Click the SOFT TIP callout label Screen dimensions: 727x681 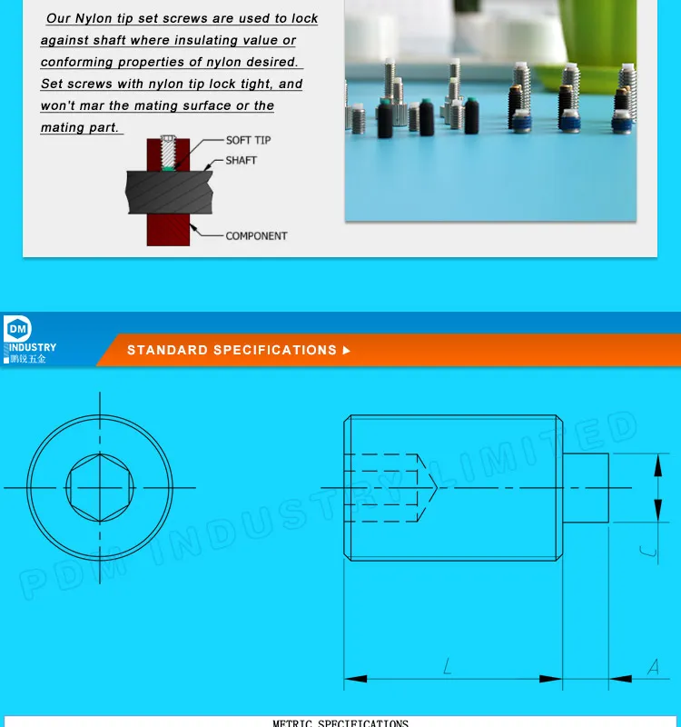(248, 140)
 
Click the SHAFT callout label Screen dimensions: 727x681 (241, 160)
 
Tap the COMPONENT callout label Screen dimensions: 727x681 (256, 235)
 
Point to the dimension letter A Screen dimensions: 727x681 (653, 668)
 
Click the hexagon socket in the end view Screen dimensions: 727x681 (100, 487)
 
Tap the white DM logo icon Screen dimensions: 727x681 (17, 329)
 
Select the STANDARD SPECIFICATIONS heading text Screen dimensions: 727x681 (232, 350)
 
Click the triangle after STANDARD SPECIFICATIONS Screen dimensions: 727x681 (346, 350)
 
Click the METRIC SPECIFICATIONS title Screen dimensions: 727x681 (340, 723)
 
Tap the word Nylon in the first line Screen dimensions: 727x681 (94, 18)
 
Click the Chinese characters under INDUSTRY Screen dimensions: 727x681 (28, 359)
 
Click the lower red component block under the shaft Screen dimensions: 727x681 (168, 231)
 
